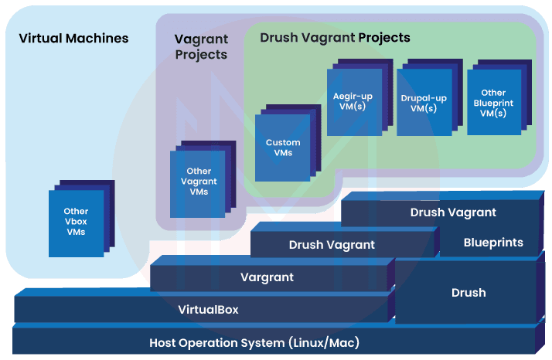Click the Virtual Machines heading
(x=73, y=38)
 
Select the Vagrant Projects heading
(x=201, y=46)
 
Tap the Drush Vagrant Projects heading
(x=335, y=37)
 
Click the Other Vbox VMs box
(x=76, y=222)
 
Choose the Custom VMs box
(x=283, y=148)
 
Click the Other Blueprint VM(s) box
(x=493, y=103)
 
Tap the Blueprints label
(x=493, y=243)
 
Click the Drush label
(x=469, y=293)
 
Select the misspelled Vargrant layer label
(x=267, y=277)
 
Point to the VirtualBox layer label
(x=208, y=310)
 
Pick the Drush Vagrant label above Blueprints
(x=453, y=212)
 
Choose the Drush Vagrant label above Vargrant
(x=332, y=244)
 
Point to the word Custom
(x=283, y=142)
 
